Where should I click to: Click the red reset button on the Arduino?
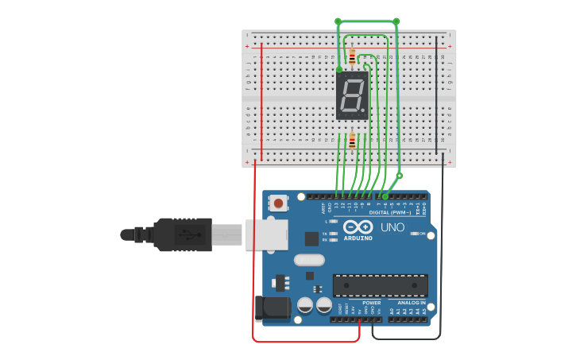click(x=278, y=203)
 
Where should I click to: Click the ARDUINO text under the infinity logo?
click(x=358, y=238)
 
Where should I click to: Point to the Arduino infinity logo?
click(x=358, y=226)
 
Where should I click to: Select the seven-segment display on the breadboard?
click(x=352, y=95)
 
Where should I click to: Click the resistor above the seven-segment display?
click(x=352, y=56)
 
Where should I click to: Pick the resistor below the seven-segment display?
click(x=352, y=141)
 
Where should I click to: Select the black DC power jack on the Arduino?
click(x=271, y=308)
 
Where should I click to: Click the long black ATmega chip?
click(x=380, y=285)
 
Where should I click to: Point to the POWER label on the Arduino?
click(x=371, y=303)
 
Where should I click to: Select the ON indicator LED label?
click(x=422, y=234)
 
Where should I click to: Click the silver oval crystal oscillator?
click(x=310, y=260)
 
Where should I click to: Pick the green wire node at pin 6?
click(x=385, y=196)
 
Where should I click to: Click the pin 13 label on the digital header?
click(x=335, y=205)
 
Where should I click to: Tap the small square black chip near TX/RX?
click(x=311, y=238)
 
